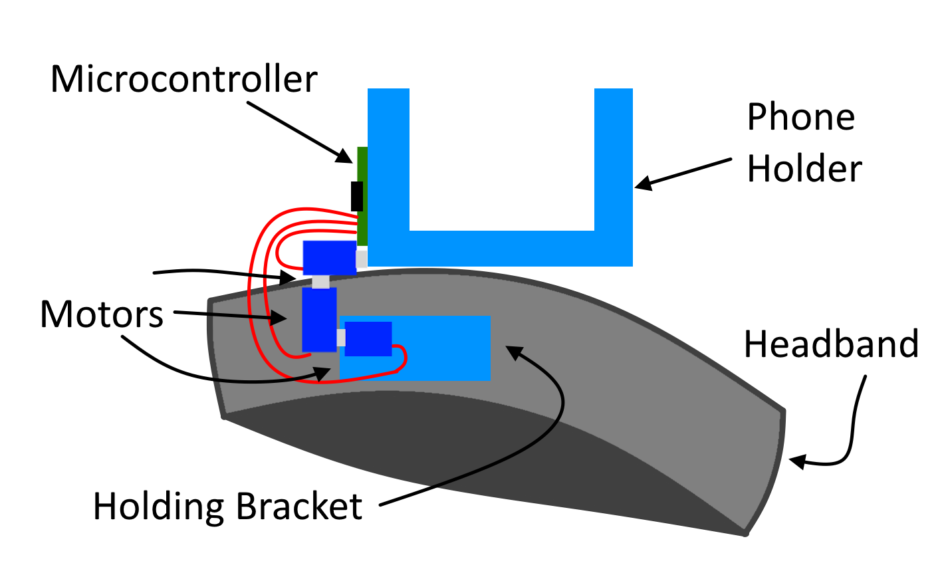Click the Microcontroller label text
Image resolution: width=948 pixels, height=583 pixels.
pyautogui.click(x=183, y=80)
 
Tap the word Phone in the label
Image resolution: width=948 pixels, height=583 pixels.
pyautogui.click(x=800, y=118)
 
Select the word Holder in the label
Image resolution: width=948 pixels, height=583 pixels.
pyautogui.click(x=804, y=169)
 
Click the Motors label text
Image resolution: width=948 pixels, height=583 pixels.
pyautogui.click(x=102, y=314)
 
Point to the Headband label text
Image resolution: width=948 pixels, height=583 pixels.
pyautogui.click(x=831, y=344)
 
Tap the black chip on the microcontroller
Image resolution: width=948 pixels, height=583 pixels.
pyautogui.click(x=357, y=196)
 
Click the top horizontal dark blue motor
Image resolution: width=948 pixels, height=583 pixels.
pyautogui.click(x=329, y=257)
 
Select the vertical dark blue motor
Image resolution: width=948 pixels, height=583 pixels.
pyautogui.click(x=319, y=319)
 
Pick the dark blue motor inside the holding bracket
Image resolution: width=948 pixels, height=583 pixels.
pyautogui.click(x=368, y=338)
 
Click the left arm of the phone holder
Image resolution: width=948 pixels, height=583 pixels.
pyautogui.click(x=388, y=160)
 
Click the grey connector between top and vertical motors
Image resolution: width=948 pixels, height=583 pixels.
pyautogui.click(x=320, y=282)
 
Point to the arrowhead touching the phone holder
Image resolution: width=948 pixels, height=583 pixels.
pyautogui.click(x=642, y=183)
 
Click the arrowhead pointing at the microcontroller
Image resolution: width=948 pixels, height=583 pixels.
pyautogui.click(x=344, y=157)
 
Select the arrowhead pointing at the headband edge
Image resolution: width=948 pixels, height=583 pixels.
pyautogui.click(x=796, y=461)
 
